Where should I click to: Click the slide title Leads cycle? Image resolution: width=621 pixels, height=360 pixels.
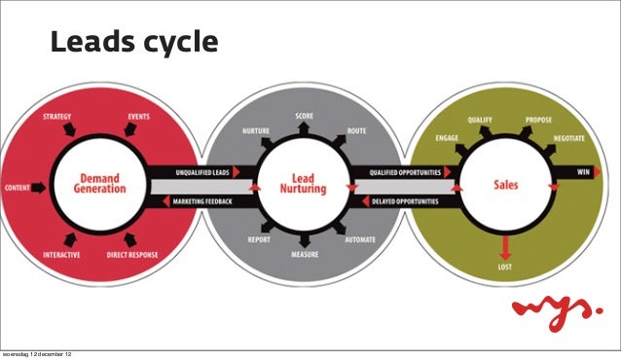(133, 43)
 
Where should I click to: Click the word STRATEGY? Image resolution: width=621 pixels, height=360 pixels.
(57, 117)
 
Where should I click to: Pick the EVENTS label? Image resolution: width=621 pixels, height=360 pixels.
(138, 117)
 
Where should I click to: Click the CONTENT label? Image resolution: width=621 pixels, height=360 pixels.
(16, 186)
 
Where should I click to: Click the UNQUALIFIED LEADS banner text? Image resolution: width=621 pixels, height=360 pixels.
(201, 171)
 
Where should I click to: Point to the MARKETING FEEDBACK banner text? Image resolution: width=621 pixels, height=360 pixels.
(201, 201)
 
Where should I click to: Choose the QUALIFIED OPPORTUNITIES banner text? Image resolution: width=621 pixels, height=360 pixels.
(404, 171)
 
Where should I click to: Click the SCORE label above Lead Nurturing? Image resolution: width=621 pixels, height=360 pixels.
(305, 116)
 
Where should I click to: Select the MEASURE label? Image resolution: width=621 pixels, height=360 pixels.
(305, 255)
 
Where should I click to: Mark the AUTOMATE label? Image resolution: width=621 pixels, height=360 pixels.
(361, 238)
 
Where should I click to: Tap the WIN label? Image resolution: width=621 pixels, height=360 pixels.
(584, 172)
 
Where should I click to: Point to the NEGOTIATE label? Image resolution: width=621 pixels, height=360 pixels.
(568, 139)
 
